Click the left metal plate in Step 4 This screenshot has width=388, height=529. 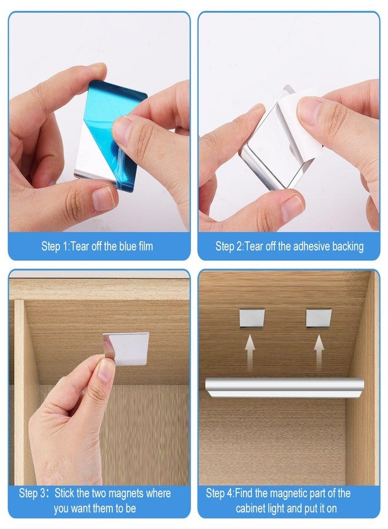[252, 317]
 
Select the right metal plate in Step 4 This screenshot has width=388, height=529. [319, 317]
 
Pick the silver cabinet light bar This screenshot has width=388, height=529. [285, 385]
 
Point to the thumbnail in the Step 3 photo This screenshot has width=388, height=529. [106, 370]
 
